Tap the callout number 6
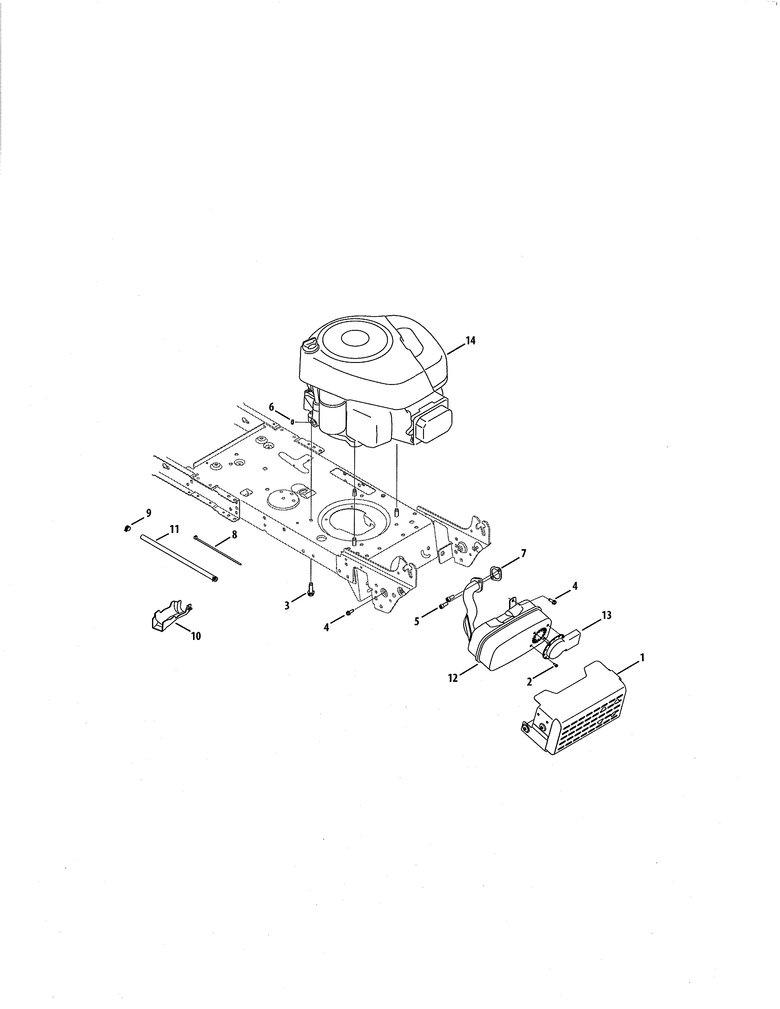[272, 407]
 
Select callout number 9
[148, 512]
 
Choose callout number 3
[287, 605]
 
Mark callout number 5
[417, 621]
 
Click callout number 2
[529, 681]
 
